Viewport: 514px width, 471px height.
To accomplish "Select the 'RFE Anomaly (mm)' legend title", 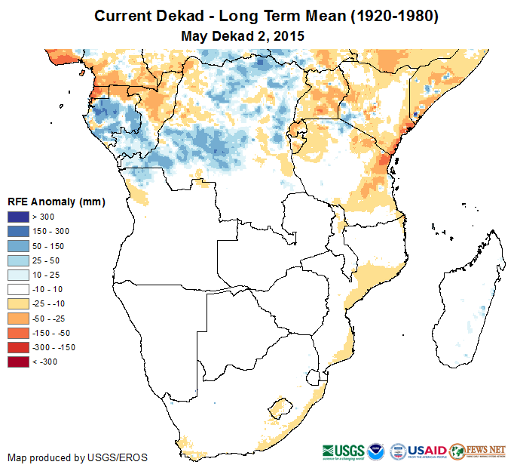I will (57, 202).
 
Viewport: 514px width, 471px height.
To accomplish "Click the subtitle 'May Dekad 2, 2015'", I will (243, 35).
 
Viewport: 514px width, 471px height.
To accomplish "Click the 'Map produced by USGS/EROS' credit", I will (77, 457).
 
